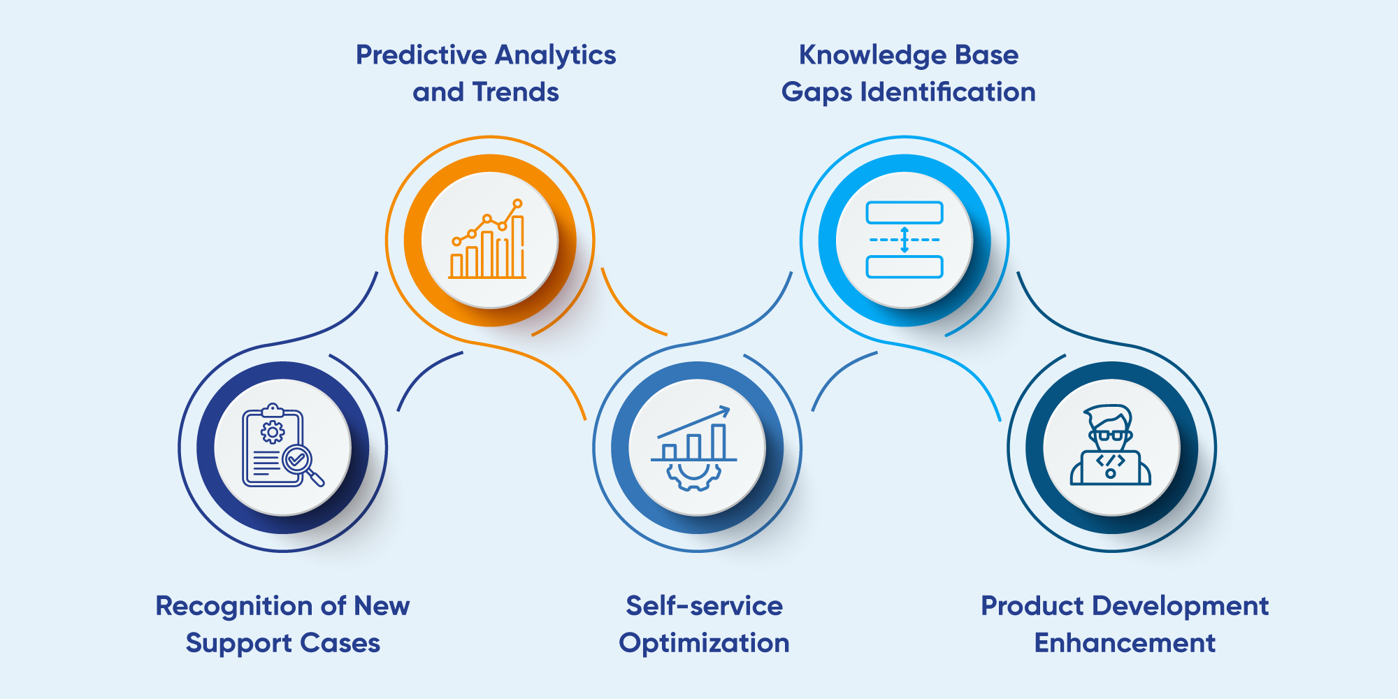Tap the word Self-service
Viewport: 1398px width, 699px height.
click(x=704, y=606)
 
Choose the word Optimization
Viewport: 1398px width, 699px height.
click(x=704, y=643)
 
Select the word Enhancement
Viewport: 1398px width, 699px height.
click(x=1125, y=643)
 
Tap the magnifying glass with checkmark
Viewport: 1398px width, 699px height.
click(x=298, y=460)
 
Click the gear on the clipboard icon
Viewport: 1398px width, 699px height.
click(x=273, y=431)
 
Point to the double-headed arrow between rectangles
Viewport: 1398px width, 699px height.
click(x=905, y=240)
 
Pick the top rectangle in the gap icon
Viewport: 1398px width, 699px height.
click(x=905, y=212)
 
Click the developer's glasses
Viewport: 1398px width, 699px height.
click(x=1110, y=435)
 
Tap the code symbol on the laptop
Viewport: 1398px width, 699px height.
click(x=1110, y=461)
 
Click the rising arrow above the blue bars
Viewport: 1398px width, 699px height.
click(x=694, y=423)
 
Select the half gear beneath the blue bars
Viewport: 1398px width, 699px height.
click(x=693, y=477)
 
